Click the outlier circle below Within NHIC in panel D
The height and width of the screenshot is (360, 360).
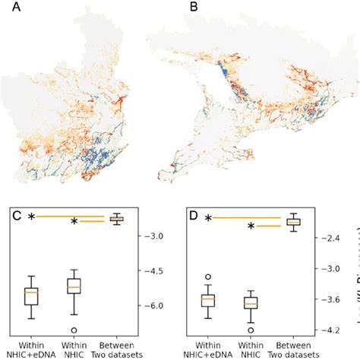pos(250,331)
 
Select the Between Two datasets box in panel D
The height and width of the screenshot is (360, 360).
pos(293,221)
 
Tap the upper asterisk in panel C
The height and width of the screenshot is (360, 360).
pos(31,217)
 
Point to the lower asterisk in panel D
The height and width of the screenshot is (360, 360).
pos(250,226)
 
